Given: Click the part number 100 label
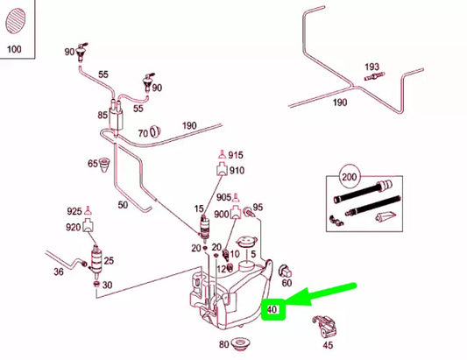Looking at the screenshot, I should point(13,48).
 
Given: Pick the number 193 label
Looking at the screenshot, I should point(371,67).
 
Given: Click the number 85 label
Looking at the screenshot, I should point(102,115).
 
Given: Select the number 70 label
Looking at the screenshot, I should point(142,134).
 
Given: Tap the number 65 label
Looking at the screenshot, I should point(92,164).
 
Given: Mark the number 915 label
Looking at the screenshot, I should point(236,155).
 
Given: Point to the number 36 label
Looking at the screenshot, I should point(59,272).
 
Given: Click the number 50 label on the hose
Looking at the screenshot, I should point(122,205).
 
